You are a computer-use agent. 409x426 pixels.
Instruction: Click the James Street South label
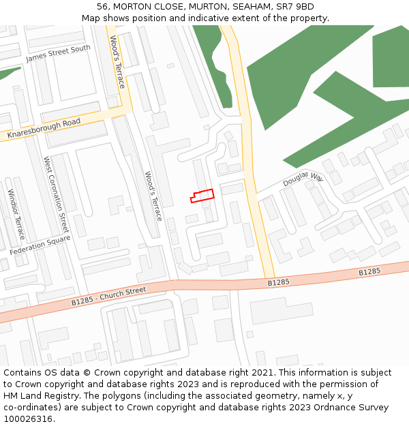pos(58,54)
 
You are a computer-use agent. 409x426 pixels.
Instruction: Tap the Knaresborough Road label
pos(44,130)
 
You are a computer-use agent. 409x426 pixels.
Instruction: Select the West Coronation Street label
pos(57,194)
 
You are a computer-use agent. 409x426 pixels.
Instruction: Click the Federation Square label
pos(40,246)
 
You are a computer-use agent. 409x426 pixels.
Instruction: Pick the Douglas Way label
pos(303,180)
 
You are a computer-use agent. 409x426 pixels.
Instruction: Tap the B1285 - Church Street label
pos(109,295)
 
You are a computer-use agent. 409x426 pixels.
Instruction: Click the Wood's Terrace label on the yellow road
pos(117,62)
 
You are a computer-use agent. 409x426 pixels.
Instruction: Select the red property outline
pos(202,196)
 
